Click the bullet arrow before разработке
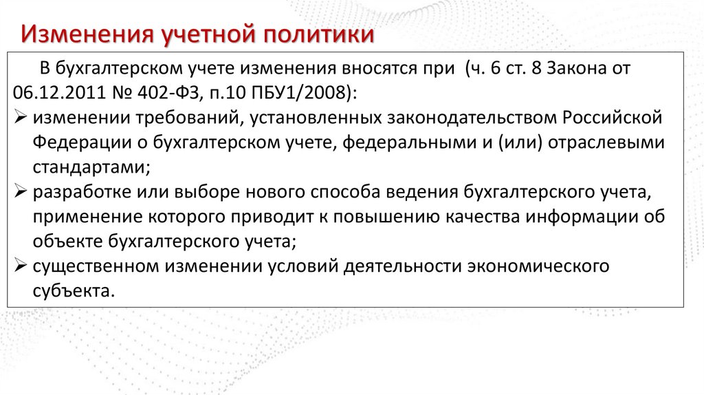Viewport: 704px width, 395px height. [x=20, y=192]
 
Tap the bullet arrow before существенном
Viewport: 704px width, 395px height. [x=20, y=266]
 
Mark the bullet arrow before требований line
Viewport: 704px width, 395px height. [x=20, y=118]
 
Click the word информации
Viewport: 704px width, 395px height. [x=593, y=217]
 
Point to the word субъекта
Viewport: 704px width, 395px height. [x=72, y=291]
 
